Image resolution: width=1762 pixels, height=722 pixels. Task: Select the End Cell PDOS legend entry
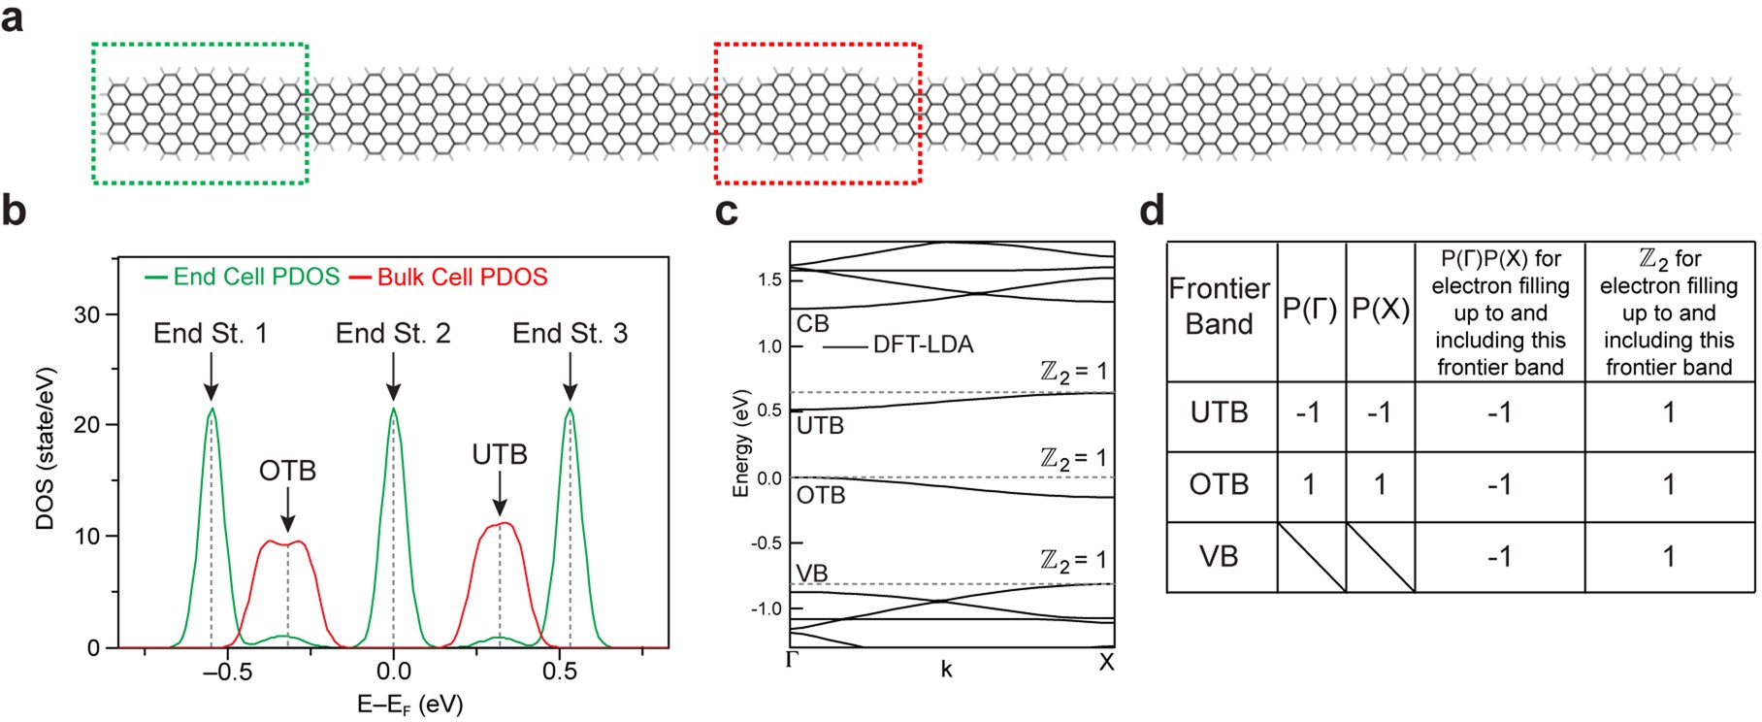point(244,278)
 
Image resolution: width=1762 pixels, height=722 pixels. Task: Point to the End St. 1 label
point(211,334)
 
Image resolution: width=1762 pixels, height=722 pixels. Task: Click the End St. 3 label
point(570,334)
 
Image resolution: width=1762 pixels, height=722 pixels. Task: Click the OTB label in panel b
point(287,472)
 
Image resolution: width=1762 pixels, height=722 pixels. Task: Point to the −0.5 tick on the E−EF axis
point(222,671)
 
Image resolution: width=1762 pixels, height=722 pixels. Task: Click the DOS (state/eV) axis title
point(46,447)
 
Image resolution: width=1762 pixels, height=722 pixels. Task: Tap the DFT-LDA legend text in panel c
point(923,345)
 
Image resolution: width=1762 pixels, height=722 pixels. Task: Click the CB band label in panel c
point(812,322)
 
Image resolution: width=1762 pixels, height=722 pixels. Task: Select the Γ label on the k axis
point(791,663)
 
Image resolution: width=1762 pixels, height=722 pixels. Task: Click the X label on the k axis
point(1106,663)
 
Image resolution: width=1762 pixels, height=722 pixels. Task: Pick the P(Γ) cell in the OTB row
point(1309,484)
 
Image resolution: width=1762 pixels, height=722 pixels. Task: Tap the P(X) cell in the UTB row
point(1379,413)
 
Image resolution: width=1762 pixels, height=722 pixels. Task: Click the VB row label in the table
point(1219,557)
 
